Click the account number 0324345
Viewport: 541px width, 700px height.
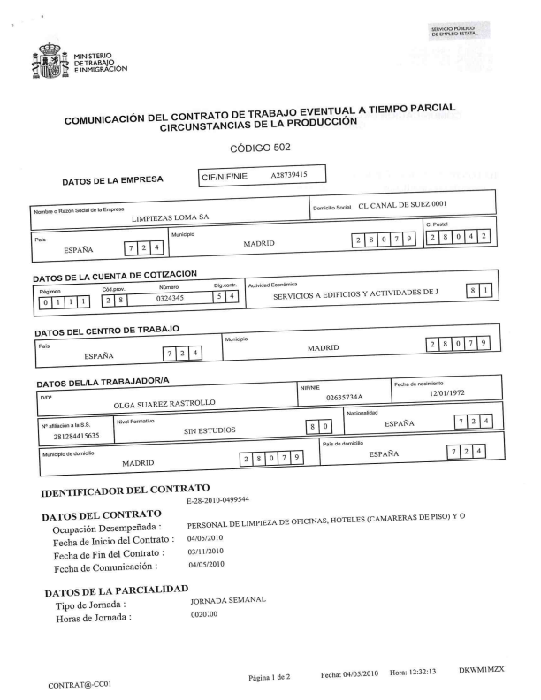click(169, 300)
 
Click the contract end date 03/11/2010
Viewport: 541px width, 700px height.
click(205, 551)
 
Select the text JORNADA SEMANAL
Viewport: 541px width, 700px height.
click(228, 601)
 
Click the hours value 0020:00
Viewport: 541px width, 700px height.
click(204, 615)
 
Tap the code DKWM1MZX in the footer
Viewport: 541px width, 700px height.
click(481, 671)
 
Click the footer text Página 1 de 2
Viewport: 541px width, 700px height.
click(270, 676)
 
